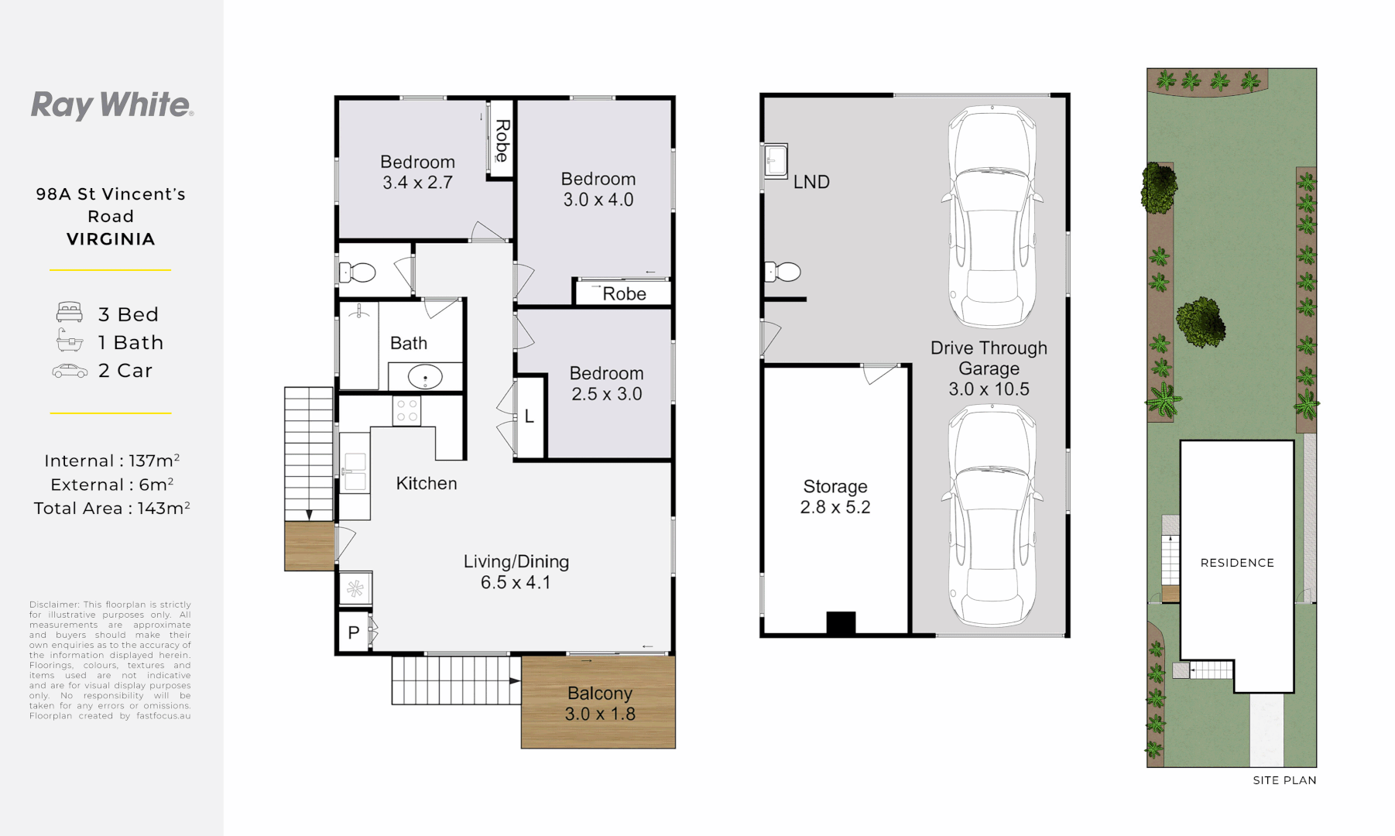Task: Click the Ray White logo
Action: (x=111, y=105)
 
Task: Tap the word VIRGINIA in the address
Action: (x=111, y=239)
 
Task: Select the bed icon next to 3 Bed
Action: (x=70, y=313)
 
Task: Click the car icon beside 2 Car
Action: (x=70, y=371)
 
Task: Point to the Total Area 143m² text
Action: (x=111, y=509)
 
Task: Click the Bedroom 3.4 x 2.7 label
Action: (x=417, y=172)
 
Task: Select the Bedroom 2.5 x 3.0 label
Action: (x=606, y=383)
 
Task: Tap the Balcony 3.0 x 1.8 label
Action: (x=599, y=703)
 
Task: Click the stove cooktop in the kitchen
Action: (x=406, y=410)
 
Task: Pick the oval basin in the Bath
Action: (x=424, y=378)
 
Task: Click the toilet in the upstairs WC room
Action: (x=358, y=272)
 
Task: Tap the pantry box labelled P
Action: (x=354, y=632)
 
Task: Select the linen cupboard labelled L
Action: (x=530, y=416)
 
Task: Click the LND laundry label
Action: (x=811, y=182)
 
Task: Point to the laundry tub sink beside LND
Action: (x=776, y=161)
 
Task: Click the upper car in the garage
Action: (x=991, y=217)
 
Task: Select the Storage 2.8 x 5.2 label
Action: (x=835, y=497)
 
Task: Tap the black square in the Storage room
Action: (x=841, y=623)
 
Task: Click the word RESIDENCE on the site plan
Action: (x=1236, y=563)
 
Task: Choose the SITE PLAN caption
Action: (x=1284, y=780)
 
